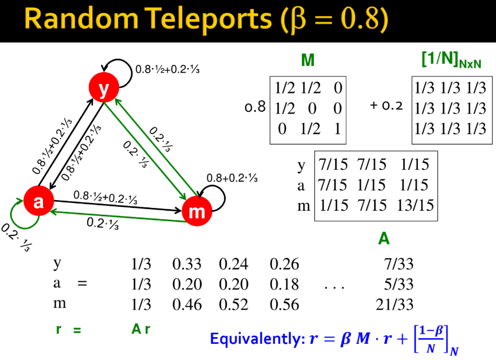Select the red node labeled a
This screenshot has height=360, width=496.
(38, 201)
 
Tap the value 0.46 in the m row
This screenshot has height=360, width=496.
(187, 305)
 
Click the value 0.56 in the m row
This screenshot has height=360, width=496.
(284, 305)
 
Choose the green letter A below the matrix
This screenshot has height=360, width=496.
(384, 239)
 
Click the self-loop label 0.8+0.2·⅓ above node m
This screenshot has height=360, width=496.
(232, 178)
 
